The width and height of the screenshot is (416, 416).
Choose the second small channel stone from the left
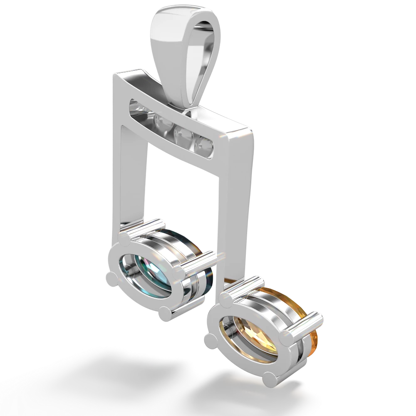tap(160, 121)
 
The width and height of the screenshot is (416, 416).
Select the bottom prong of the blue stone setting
tap(165, 312)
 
